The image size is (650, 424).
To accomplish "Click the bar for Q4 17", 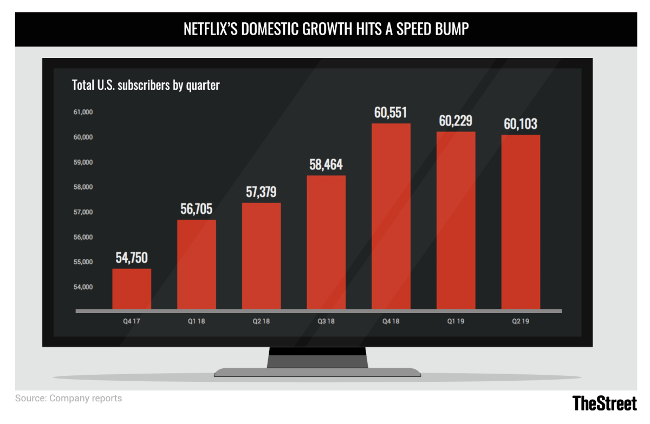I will pos(132,289).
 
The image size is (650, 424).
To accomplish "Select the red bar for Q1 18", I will pos(197,265).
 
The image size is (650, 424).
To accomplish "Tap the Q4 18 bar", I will pos(391,217).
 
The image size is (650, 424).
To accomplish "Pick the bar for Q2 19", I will pos(521,222).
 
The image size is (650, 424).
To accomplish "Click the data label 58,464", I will pos(326,165).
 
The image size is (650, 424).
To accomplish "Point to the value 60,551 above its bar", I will pos(391,113).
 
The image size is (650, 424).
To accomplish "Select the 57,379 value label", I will pos(262,192).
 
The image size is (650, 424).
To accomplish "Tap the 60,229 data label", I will pos(457,121).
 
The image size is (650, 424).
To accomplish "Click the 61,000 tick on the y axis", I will pos(83,113).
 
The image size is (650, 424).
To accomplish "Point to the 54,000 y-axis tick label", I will pos(83,287).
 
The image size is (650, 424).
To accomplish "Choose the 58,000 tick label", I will pos(83,187).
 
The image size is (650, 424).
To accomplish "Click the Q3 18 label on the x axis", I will pos(326,321).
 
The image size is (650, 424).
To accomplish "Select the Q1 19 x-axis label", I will pos(456,321).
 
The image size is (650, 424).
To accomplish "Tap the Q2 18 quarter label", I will pos(261,321).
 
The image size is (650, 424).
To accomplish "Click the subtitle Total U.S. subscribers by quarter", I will pos(146,85).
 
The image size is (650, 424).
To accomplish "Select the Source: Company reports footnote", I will pos(68,399).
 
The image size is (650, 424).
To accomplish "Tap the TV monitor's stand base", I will pos(317,372).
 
